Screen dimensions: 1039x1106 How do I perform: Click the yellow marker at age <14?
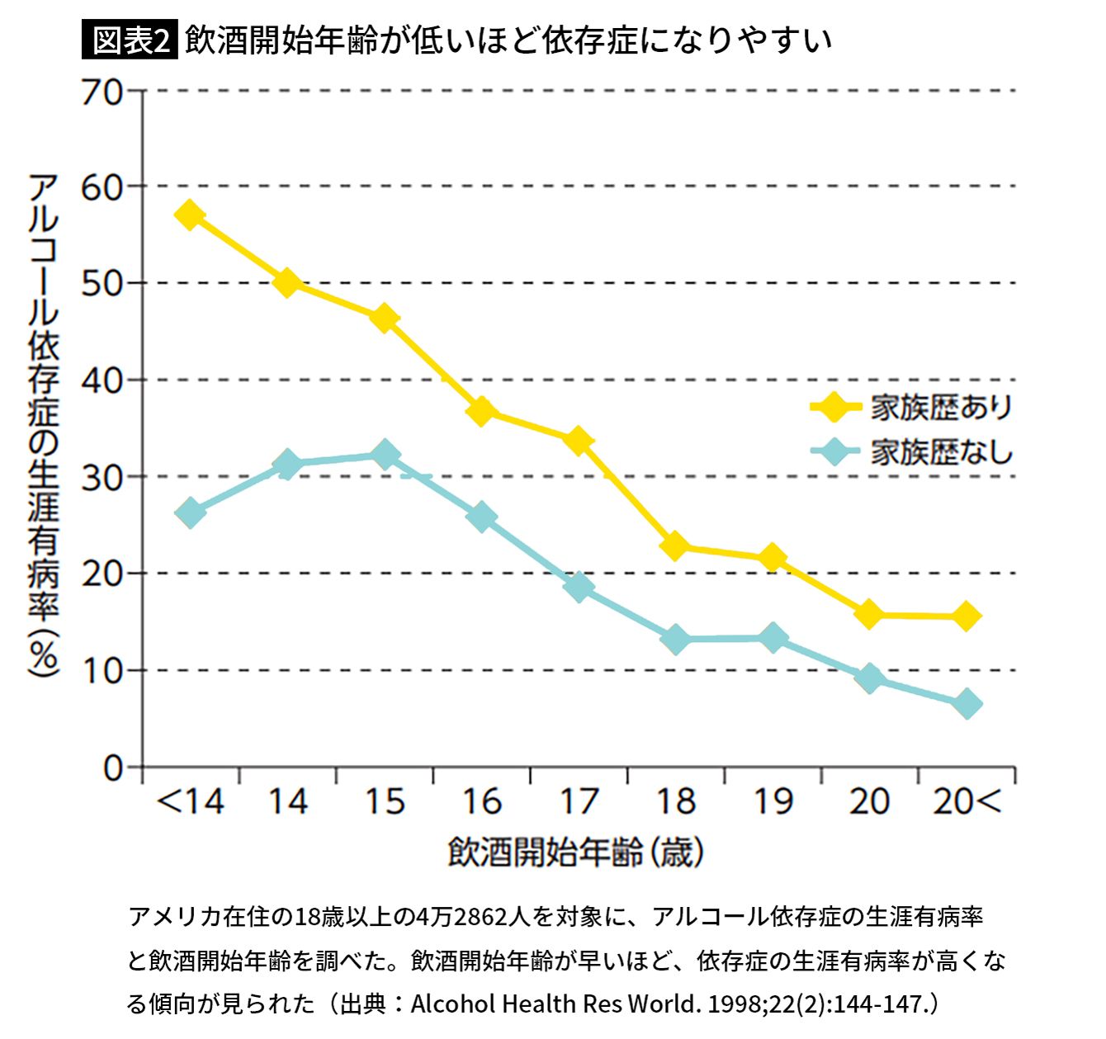click(190, 216)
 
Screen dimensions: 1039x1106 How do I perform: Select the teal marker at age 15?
click(385, 455)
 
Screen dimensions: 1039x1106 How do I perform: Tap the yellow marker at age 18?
click(675, 545)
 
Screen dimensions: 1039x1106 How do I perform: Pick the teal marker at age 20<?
click(967, 705)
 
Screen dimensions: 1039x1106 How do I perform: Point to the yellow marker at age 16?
click(481, 410)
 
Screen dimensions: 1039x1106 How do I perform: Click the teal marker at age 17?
click(579, 587)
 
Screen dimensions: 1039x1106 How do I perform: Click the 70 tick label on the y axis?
click(101, 92)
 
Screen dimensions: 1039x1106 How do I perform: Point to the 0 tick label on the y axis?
click(112, 768)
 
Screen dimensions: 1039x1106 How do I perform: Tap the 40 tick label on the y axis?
click(101, 381)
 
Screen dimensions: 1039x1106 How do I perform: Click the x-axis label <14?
click(190, 802)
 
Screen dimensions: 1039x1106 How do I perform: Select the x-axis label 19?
click(773, 802)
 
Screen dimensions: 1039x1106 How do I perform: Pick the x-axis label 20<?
click(967, 802)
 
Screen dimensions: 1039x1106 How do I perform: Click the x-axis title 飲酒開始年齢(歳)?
click(576, 852)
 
